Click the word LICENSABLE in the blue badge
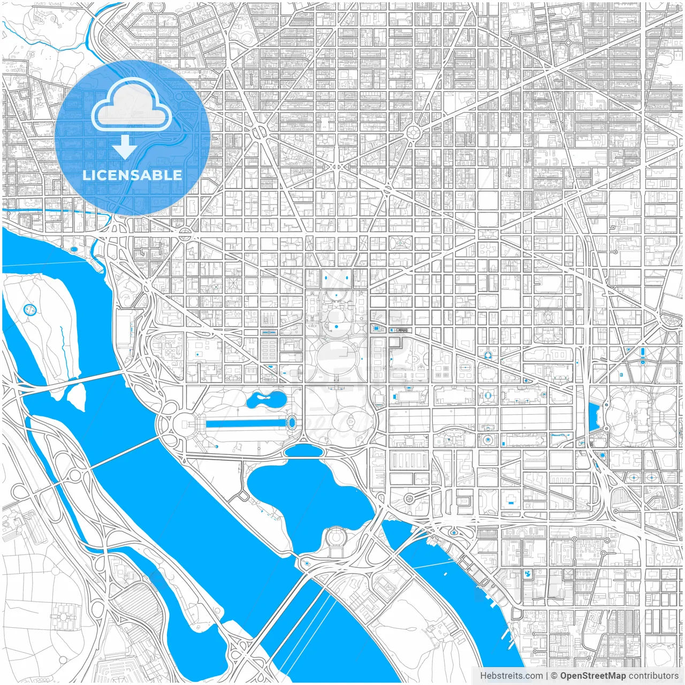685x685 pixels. tap(132, 175)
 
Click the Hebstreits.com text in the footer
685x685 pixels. tap(511, 676)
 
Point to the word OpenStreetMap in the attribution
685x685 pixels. tap(592, 676)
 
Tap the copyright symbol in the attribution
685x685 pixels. tap(554, 676)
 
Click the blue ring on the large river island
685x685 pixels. tap(28, 309)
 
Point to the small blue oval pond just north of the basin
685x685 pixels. tap(303, 451)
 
